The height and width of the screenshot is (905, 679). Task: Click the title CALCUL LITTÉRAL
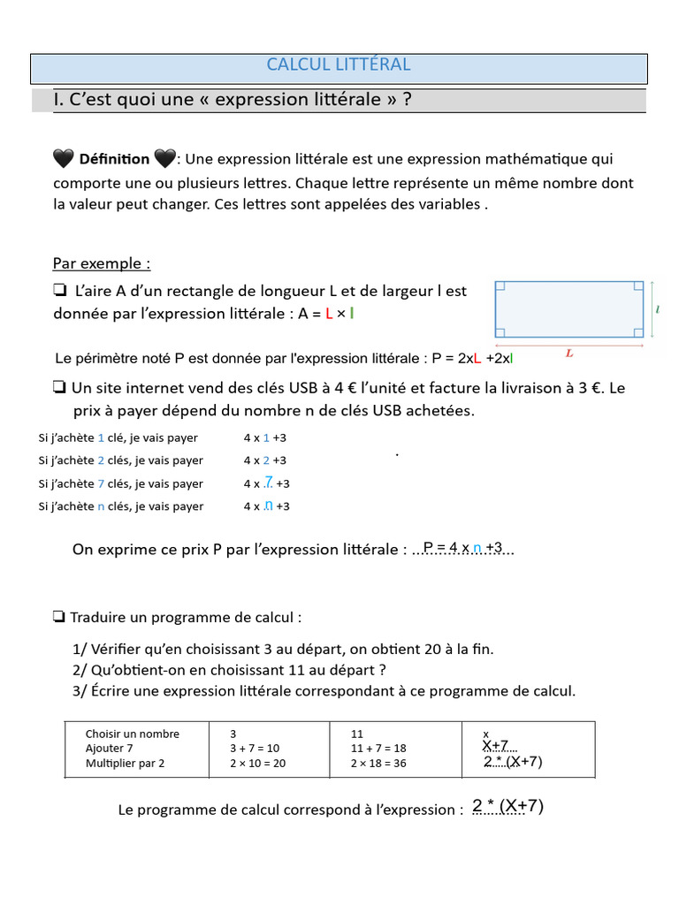(x=339, y=65)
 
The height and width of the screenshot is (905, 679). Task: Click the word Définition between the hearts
(x=114, y=159)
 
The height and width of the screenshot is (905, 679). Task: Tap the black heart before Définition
(x=64, y=159)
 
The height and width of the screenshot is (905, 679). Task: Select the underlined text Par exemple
(x=101, y=263)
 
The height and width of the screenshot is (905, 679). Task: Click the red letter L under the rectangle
(x=569, y=353)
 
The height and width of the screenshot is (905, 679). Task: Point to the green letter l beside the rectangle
(x=660, y=309)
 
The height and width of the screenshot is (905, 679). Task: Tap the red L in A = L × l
(x=329, y=314)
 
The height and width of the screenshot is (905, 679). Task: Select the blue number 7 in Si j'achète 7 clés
(x=101, y=483)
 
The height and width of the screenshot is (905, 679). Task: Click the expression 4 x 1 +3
(x=265, y=437)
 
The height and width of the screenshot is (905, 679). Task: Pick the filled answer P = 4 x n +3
(x=463, y=548)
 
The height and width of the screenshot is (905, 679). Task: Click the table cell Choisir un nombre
(x=132, y=734)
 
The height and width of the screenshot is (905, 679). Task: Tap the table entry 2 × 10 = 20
(x=257, y=763)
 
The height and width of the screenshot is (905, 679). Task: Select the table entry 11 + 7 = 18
(x=378, y=748)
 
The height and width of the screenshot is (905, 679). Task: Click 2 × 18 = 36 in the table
(x=378, y=763)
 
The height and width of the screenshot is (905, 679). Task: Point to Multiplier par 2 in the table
(x=125, y=763)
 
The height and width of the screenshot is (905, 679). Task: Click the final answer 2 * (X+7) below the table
(x=507, y=806)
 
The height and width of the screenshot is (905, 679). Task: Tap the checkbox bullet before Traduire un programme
(x=59, y=616)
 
